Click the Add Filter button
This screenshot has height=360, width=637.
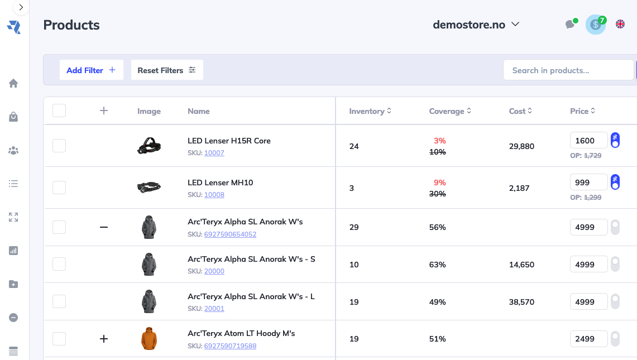click(x=91, y=70)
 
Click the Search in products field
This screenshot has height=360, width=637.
click(x=568, y=70)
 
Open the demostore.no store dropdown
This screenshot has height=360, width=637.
click(x=476, y=25)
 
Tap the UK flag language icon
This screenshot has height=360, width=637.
click(x=620, y=24)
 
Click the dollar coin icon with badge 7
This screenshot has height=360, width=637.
click(x=595, y=25)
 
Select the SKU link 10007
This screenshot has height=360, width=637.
click(x=214, y=153)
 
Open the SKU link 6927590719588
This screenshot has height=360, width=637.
click(x=230, y=346)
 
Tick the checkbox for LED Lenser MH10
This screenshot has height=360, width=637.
click(x=59, y=188)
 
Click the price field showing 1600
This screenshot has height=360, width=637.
click(x=588, y=141)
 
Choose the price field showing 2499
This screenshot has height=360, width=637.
click(x=588, y=339)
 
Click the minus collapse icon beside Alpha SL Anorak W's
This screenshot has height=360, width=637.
click(x=103, y=227)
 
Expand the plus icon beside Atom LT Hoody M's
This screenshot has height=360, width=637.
click(x=103, y=339)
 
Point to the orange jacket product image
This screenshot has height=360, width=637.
click(x=149, y=339)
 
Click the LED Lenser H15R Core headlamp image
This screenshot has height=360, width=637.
click(x=149, y=146)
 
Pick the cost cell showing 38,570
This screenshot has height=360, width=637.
click(x=521, y=302)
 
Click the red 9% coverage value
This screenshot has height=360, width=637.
click(x=440, y=183)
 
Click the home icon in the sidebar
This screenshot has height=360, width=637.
click(x=13, y=83)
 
